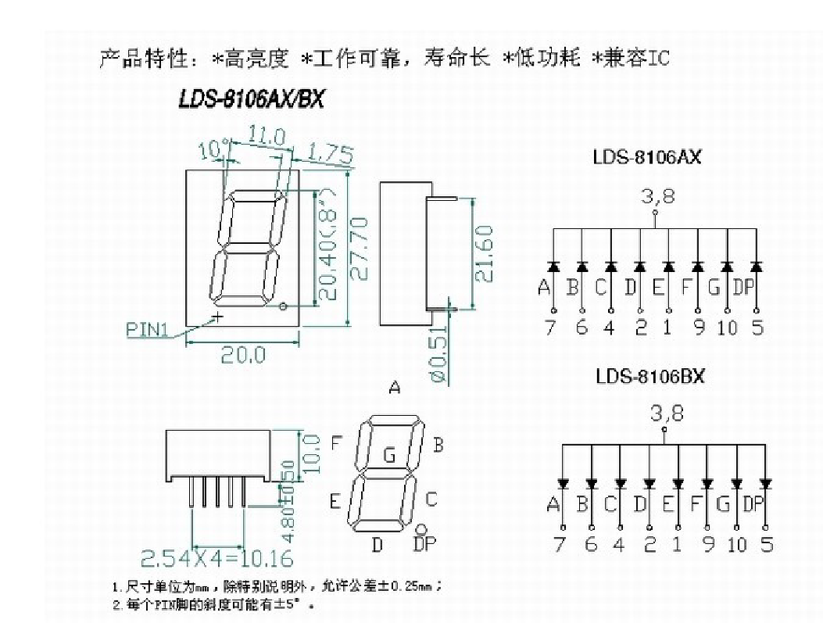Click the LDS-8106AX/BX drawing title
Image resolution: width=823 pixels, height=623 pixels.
(251, 99)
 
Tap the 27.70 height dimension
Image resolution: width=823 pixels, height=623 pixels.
(359, 248)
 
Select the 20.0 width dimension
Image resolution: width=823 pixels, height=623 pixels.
(242, 355)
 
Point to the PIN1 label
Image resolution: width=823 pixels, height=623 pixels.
(147, 329)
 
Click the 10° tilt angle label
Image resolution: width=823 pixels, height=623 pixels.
(213, 149)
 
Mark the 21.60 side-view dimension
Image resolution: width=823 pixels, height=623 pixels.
(484, 254)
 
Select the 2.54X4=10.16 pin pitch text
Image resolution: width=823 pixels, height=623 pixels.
(217, 558)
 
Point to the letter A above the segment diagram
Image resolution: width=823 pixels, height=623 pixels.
(395, 388)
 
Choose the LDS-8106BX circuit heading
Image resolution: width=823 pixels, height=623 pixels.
(649, 376)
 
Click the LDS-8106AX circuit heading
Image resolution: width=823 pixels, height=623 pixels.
(647, 156)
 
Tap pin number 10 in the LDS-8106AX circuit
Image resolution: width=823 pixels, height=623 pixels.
(727, 328)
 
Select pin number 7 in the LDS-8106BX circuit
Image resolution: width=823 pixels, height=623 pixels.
(559, 544)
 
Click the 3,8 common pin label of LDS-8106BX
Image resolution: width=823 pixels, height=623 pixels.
(667, 412)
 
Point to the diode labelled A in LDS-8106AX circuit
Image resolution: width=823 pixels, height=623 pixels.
(553, 267)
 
